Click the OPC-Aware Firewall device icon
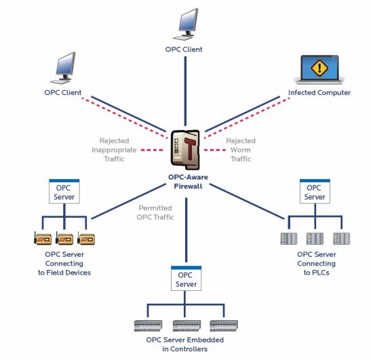point(185,150)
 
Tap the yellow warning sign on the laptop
point(319,68)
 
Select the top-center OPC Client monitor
point(186,24)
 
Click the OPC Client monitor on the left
point(64,68)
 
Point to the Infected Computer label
point(319,92)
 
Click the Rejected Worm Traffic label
point(241,150)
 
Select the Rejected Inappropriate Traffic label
point(114,150)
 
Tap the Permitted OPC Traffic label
point(155,213)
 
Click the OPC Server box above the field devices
point(64,191)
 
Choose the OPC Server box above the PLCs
point(315,191)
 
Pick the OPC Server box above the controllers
point(186,279)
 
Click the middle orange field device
point(64,238)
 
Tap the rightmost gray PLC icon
point(342,239)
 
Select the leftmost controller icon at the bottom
point(148,325)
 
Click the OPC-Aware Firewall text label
point(188,182)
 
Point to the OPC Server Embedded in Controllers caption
point(185,344)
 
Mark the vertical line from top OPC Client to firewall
point(185,91)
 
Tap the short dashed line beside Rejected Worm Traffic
point(215,150)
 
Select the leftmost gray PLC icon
point(289,239)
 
